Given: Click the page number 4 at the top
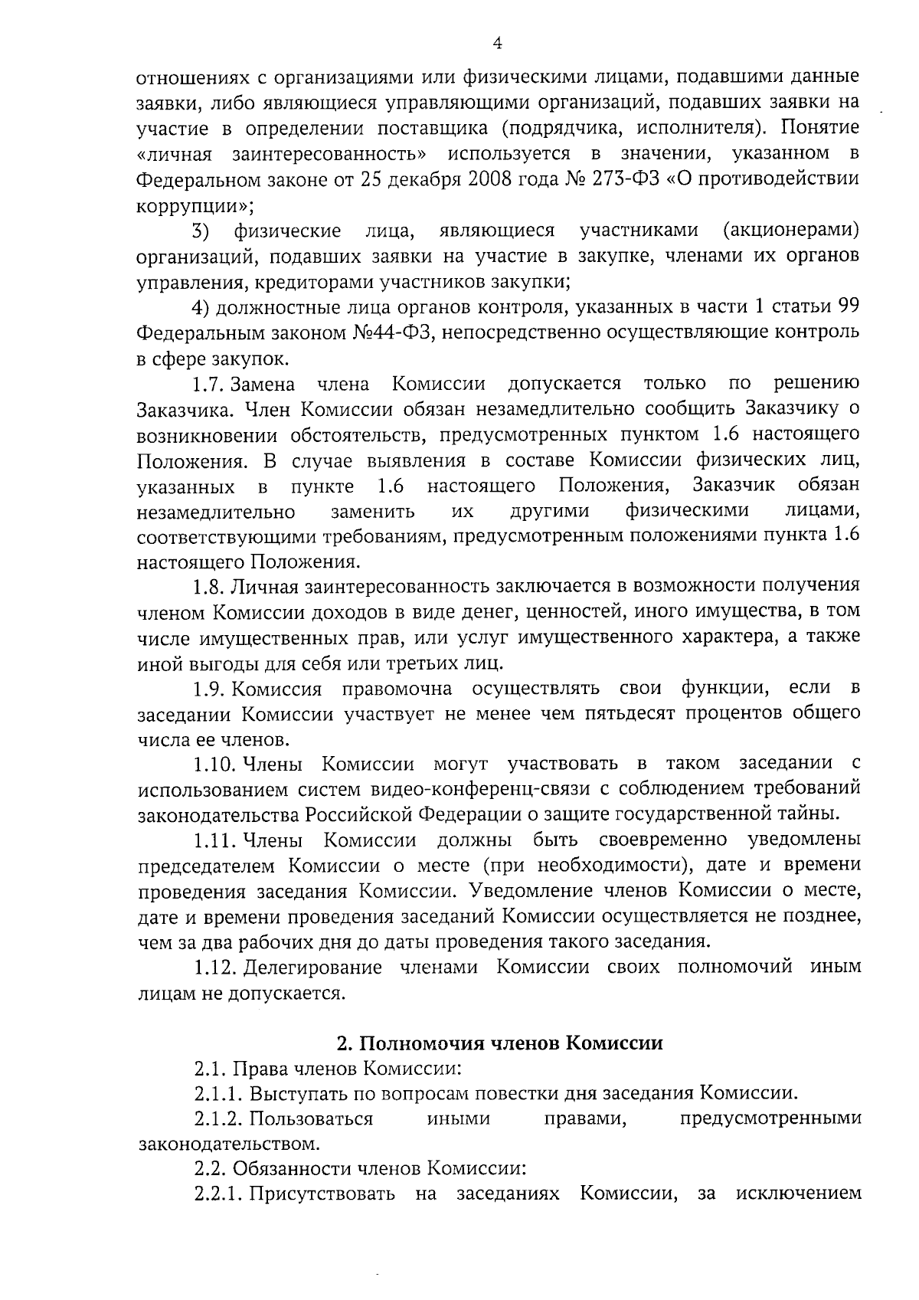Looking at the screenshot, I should [x=497, y=44].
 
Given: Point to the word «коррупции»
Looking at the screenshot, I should [x=195, y=205].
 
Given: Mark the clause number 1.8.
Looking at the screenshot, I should [x=209, y=586].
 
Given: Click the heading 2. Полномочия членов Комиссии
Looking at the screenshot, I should [x=500, y=1043].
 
